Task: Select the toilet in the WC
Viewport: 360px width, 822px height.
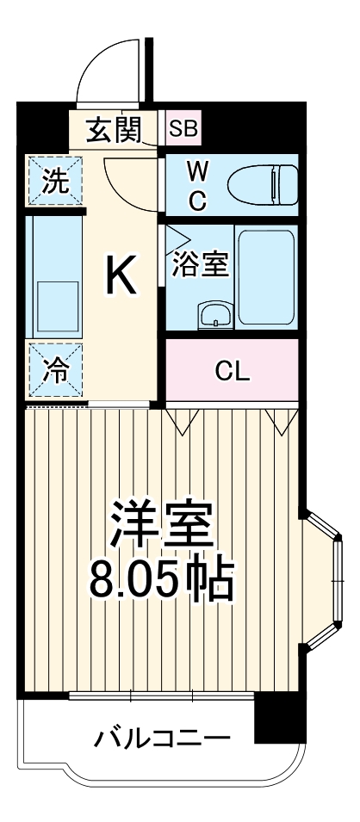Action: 262,183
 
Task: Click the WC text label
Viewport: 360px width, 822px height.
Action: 197,184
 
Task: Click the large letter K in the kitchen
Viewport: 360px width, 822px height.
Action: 121,276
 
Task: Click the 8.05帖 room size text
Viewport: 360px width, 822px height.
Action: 162,582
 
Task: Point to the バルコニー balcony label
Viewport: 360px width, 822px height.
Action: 161,739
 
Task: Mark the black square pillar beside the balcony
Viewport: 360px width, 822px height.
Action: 279,718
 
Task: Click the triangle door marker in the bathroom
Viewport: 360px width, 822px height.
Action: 176,236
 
